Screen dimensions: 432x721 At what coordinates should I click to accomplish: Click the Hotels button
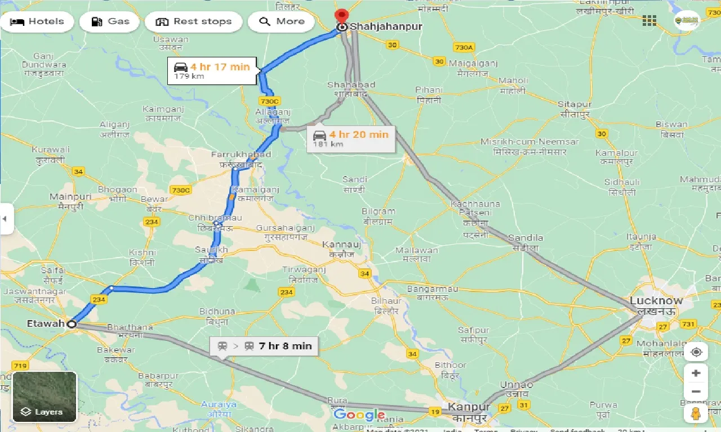tap(38, 22)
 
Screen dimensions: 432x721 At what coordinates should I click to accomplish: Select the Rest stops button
tap(193, 22)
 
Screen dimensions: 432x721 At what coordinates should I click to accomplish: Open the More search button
tap(282, 22)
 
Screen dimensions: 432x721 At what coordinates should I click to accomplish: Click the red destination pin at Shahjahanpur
tap(341, 16)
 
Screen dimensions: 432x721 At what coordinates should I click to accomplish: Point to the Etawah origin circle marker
tap(72, 324)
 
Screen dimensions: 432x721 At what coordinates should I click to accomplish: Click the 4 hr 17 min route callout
tap(212, 70)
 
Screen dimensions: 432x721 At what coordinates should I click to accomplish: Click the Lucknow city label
tap(656, 300)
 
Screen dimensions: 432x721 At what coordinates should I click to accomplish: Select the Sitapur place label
tap(575, 105)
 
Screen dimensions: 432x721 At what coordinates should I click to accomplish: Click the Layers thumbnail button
tap(44, 397)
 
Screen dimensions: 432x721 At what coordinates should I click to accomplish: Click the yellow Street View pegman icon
tap(696, 414)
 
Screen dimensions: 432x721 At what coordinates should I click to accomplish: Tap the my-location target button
tap(696, 352)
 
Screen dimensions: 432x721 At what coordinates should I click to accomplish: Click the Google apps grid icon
tap(649, 21)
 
